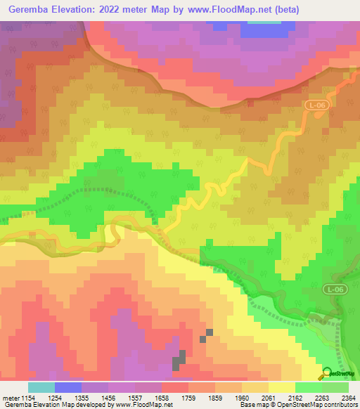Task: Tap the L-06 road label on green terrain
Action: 335,289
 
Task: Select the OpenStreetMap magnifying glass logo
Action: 326,373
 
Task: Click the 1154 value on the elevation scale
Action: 25,397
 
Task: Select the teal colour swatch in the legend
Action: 41,387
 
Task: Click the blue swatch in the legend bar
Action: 68,387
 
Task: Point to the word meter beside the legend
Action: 10,397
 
